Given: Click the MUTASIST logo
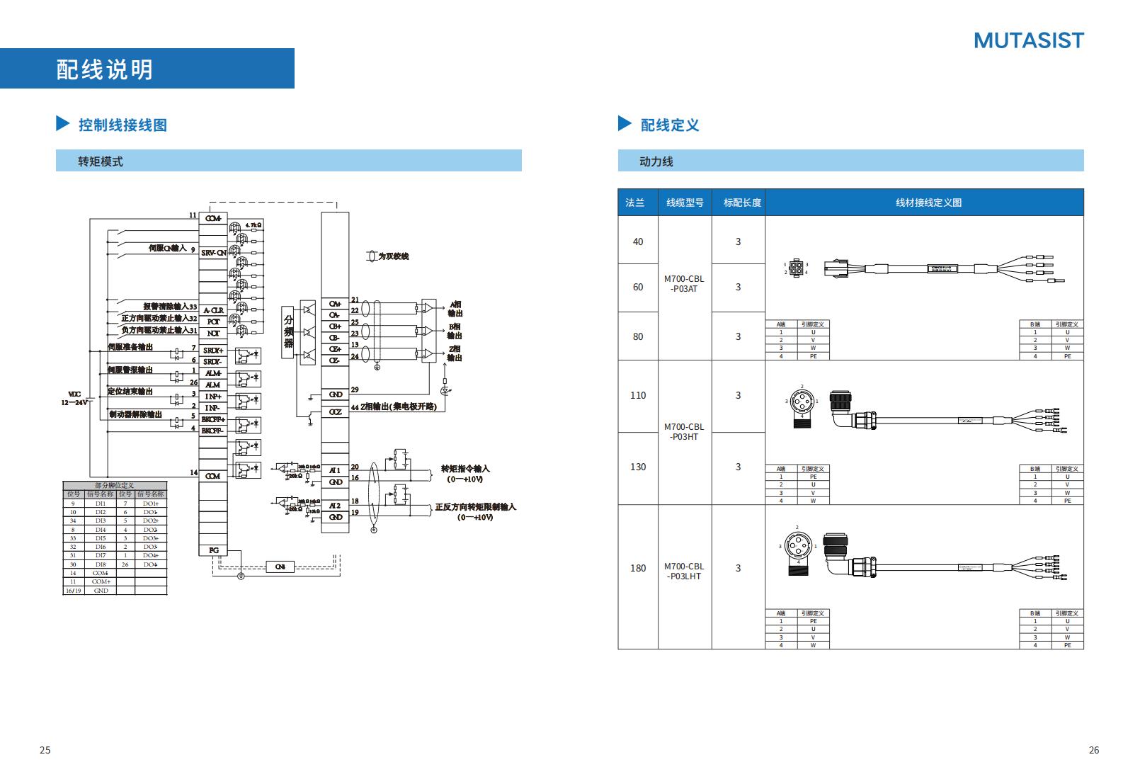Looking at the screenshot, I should (x=1028, y=40).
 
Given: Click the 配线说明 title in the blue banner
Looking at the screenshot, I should (x=105, y=69).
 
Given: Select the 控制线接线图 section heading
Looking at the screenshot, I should (x=122, y=125).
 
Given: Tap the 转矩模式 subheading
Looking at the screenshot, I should (x=101, y=161).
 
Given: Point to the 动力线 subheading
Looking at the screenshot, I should (x=656, y=161).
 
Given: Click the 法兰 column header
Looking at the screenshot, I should (x=635, y=203).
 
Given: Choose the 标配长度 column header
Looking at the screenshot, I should (x=741, y=203).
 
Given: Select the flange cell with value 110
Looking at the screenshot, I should (x=638, y=395).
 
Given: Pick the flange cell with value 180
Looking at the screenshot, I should (x=638, y=568).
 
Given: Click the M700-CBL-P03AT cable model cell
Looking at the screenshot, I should (x=684, y=284).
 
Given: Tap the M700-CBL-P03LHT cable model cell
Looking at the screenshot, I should (x=684, y=572).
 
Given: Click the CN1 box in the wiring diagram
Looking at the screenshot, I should (x=280, y=567).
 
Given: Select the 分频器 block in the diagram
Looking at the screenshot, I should (x=288, y=333).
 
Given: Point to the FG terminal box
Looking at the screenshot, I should (x=213, y=550).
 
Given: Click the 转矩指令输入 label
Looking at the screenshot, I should (x=465, y=469).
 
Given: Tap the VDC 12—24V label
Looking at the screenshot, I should (x=74, y=398).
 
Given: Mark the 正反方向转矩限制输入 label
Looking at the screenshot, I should (x=475, y=507).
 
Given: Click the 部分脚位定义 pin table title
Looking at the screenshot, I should (x=114, y=486).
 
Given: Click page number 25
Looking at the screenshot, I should (x=45, y=750).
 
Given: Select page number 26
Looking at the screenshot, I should (x=1093, y=750).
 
